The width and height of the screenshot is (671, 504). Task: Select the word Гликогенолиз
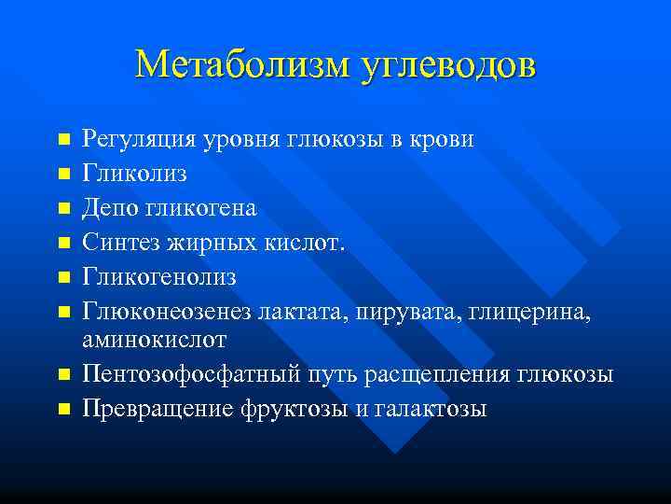tap(159, 277)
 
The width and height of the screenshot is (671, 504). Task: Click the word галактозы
tap(433, 408)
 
